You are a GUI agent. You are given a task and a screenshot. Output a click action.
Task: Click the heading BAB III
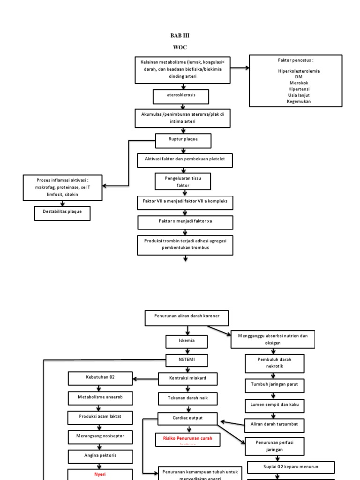(180, 36)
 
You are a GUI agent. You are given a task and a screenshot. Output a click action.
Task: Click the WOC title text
(180, 47)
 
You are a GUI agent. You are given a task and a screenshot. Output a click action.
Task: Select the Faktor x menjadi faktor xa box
(185, 222)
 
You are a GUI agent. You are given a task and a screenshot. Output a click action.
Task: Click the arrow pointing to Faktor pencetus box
(240, 68)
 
